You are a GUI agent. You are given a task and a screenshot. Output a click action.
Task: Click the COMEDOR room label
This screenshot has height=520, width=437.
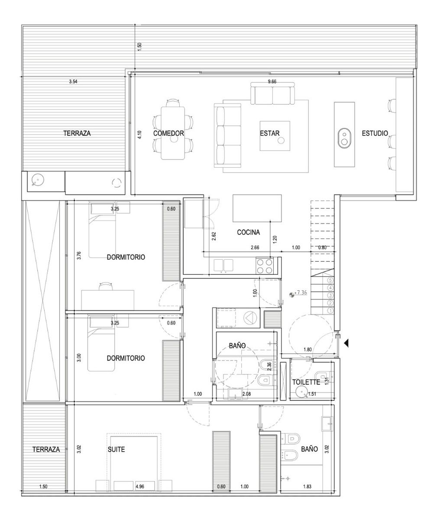(x=168, y=133)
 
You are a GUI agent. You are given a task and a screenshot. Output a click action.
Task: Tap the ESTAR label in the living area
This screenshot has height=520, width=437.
(x=269, y=133)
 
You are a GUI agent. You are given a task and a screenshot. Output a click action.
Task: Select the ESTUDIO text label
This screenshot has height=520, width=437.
(x=375, y=133)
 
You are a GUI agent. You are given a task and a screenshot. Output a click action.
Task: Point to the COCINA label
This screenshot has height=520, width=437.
(x=248, y=232)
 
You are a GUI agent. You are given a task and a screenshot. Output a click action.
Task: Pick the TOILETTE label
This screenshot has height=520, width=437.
(x=306, y=382)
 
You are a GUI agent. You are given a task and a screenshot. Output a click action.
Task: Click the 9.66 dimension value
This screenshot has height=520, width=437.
(x=272, y=81)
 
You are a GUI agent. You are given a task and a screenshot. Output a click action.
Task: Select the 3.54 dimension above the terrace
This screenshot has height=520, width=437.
(x=73, y=81)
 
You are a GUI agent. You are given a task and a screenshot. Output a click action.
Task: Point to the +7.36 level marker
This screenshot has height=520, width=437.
(x=301, y=292)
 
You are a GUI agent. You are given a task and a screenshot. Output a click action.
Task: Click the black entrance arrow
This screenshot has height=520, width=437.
(x=346, y=344)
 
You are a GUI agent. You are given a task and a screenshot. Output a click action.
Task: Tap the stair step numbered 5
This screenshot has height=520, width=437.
(x=330, y=280)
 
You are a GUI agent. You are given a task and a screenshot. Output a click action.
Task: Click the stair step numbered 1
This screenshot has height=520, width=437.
(x=330, y=311)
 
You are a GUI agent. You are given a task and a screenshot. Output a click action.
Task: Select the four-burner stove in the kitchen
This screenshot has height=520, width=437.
(x=265, y=266)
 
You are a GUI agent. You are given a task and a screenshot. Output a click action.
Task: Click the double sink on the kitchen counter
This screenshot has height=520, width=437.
(x=223, y=265)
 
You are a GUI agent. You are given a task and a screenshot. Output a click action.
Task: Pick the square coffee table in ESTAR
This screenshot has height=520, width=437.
(x=275, y=136)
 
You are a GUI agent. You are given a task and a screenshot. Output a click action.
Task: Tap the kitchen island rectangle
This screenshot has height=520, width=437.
(x=257, y=208)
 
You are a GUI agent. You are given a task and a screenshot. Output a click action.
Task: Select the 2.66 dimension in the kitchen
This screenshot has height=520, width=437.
(x=255, y=247)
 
